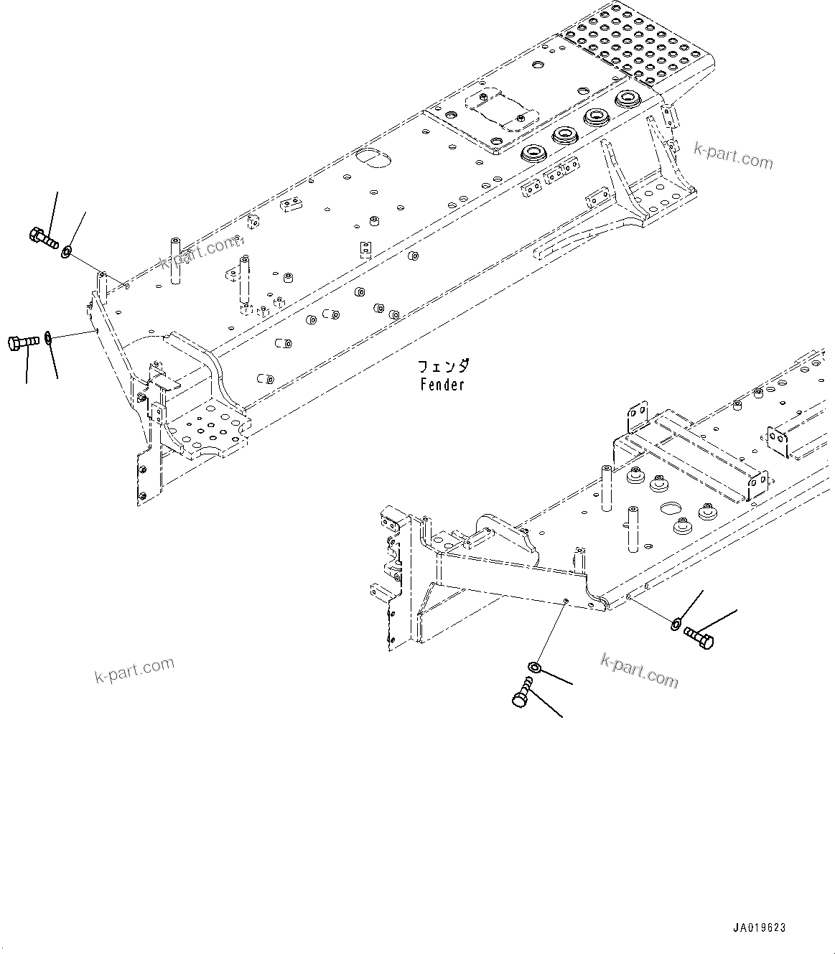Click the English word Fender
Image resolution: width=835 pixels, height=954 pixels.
click(x=442, y=385)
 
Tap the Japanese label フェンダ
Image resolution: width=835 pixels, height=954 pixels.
click(x=444, y=367)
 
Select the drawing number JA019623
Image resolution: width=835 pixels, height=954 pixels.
click(x=760, y=927)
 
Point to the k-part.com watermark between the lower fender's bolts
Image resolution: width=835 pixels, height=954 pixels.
click(x=639, y=670)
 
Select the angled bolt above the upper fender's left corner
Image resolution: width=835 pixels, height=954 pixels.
click(x=44, y=236)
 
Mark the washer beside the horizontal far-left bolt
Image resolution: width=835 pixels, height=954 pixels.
click(x=48, y=337)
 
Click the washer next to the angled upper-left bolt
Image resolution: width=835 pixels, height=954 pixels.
click(x=66, y=251)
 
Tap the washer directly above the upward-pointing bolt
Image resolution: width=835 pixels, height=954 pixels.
click(x=533, y=668)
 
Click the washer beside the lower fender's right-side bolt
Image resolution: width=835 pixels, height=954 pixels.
click(x=676, y=623)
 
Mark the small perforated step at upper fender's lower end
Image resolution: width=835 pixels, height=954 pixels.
click(x=208, y=428)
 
